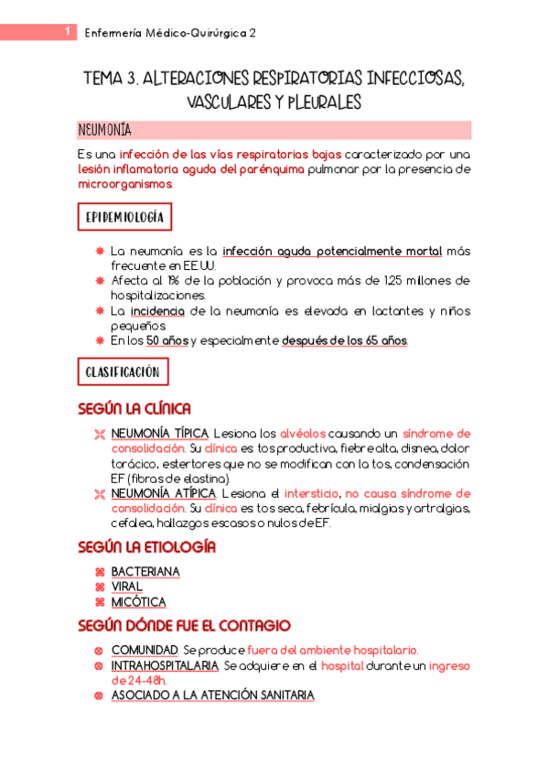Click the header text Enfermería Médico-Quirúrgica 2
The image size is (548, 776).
pos(169,33)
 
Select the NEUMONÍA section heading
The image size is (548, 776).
pos(105,130)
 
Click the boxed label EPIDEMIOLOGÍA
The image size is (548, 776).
pos(124,217)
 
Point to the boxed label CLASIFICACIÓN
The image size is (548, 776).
pos(123,372)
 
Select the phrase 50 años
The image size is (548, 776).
pos(167,341)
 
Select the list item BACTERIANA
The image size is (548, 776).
pos(145,572)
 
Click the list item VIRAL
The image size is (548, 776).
pos(127,587)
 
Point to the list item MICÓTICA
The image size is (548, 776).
pos(139,602)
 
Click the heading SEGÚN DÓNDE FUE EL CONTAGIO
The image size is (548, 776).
pos(184,626)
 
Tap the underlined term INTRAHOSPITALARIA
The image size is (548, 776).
pos(165,665)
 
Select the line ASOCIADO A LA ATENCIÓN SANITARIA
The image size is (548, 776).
pos(212,695)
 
